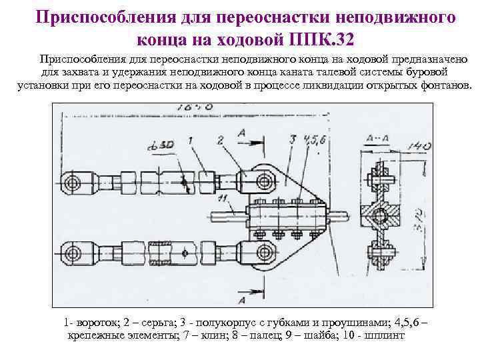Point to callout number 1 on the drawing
[191, 141]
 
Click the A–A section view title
[378, 137]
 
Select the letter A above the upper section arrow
[241, 133]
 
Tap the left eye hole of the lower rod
[69, 254]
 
